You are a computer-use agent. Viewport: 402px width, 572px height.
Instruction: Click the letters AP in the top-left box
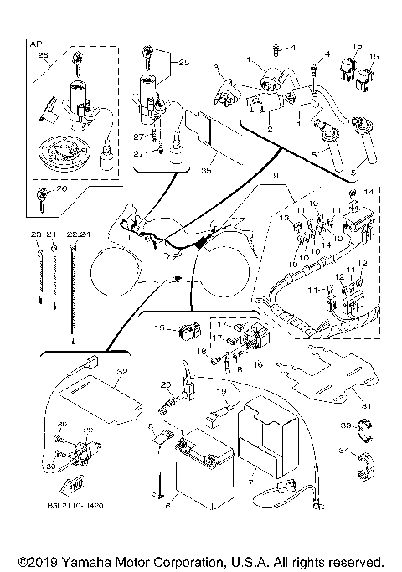(x=34, y=42)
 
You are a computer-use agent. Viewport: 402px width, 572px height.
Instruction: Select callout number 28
(x=45, y=55)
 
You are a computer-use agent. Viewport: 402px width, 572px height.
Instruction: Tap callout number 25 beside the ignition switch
(x=183, y=63)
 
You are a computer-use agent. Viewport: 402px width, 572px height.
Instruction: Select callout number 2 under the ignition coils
(x=269, y=130)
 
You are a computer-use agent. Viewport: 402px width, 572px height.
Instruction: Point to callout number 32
(x=122, y=370)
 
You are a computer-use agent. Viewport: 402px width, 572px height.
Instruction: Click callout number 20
(x=166, y=384)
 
